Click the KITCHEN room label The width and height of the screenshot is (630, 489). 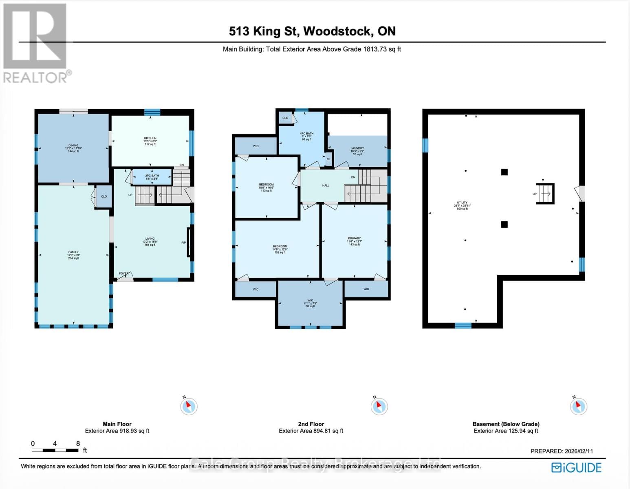pyautogui.click(x=150, y=139)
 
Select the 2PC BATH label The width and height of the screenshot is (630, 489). pyautogui.click(x=152, y=176)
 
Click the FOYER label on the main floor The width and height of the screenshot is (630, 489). pyautogui.click(x=123, y=273)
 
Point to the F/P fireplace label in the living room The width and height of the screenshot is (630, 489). pyautogui.click(x=183, y=243)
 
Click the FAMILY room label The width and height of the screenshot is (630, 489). pyautogui.click(x=73, y=252)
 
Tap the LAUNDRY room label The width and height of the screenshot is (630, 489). pyautogui.click(x=357, y=149)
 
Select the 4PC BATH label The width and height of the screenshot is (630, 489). pyautogui.click(x=306, y=134)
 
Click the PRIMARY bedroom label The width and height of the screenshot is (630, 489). pyautogui.click(x=354, y=239)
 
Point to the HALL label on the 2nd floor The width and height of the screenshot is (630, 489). pyautogui.click(x=326, y=185)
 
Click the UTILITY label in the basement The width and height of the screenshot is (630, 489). pyautogui.click(x=462, y=203)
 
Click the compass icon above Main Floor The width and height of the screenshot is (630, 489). pyautogui.click(x=189, y=406)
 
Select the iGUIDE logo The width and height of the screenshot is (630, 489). pyautogui.click(x=576, y=467)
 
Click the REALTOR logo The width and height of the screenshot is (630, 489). pyautogui.click(x=36, y=43)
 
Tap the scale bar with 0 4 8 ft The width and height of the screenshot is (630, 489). pyautogui.click(x=55, y=450)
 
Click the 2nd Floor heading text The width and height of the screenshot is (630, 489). pyautogui.click(x=311, y=424)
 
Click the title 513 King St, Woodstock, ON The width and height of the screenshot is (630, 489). pyautogui.click(x=312, y=31)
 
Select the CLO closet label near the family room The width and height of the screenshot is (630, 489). pyautogui.click(x=104, y=196)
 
